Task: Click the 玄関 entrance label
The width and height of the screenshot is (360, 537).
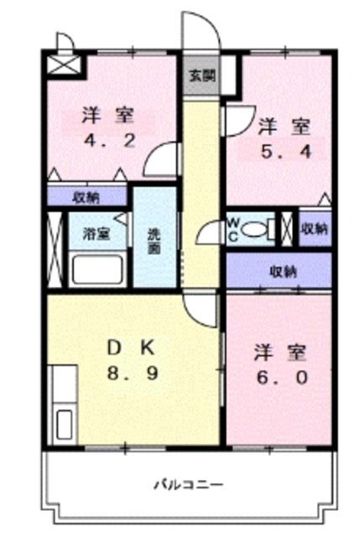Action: [x=201, y=74]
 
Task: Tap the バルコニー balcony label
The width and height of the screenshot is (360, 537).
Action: [x=188, y=484]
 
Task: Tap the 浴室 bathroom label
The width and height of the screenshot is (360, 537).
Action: [x=94, y=233]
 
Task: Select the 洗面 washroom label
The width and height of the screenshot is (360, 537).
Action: [x=154, y=241]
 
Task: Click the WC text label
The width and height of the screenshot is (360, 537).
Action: [x=235, y=229]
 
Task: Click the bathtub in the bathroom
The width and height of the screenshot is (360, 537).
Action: [x=97, y=269]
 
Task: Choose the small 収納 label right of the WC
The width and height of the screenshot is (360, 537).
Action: [x=314, y=228]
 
